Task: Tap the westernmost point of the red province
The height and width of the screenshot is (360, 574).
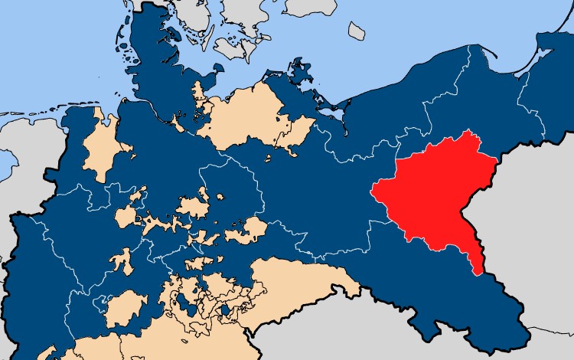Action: [x=373, y=190]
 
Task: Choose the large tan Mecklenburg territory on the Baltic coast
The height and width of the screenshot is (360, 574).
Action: [x=245, y=115]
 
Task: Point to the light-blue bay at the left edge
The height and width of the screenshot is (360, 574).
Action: [x=6, y=161]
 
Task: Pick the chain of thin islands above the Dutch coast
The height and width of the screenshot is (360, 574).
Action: [x=31, y=115]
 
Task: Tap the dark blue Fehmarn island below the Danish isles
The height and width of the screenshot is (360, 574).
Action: [x=204, y=89]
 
